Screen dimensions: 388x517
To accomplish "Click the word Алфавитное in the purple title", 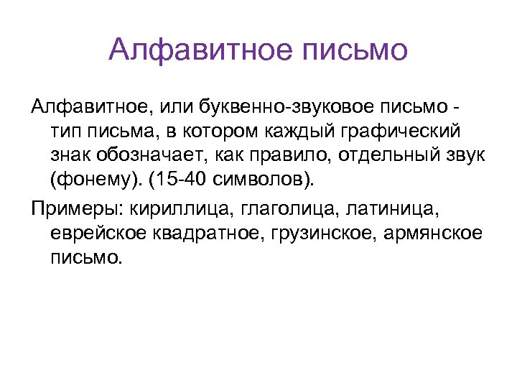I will (188, 50).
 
